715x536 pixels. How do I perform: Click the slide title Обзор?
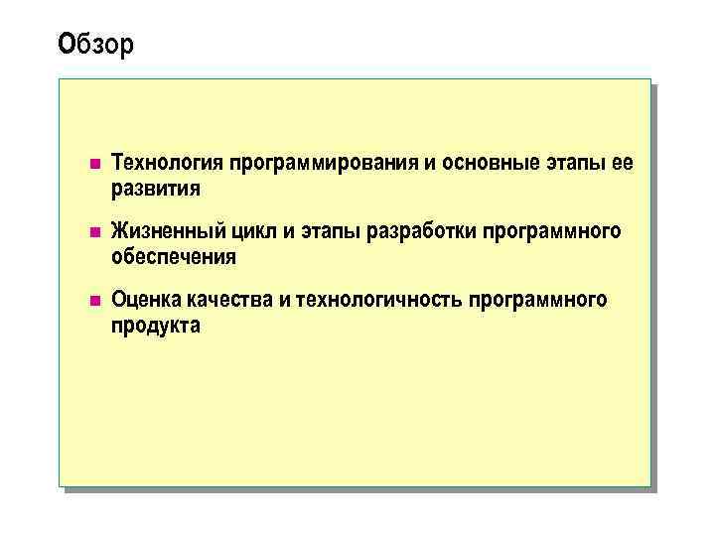[x=95, y=45]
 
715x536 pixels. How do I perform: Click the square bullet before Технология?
[x=93, y=163]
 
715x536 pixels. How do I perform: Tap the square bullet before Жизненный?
[x=93, y=232]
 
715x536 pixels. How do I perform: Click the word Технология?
[x=167, y=163]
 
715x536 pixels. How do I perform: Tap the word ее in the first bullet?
[x=622, y=163]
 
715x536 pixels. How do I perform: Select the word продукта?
[x=156, y=326]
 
